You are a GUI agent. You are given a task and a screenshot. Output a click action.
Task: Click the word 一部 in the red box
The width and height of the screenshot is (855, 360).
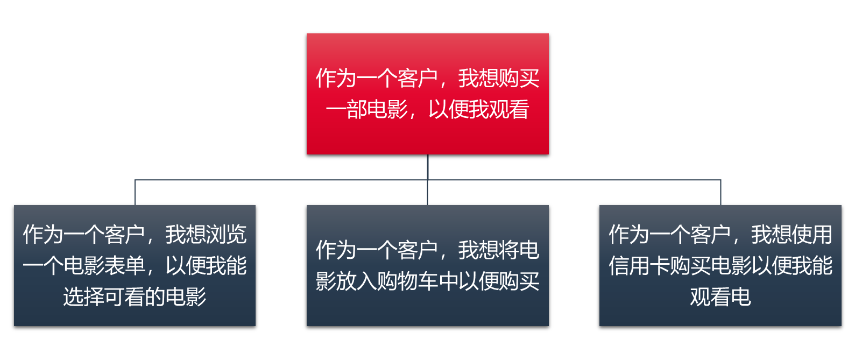point(346,110)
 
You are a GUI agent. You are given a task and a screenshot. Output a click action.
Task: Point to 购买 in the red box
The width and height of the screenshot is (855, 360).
point(519,79)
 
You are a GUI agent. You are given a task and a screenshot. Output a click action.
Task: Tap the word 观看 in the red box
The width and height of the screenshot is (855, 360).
point(509,110)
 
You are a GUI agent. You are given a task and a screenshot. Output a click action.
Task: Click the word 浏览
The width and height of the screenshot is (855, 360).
point(227,235)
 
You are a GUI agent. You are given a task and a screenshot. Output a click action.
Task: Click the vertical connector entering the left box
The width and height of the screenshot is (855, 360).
point(135,193)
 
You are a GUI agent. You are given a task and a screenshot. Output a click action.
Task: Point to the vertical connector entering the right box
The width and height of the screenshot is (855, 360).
point(720,193)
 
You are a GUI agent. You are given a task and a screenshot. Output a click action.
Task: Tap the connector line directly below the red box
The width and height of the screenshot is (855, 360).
point(427,167)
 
